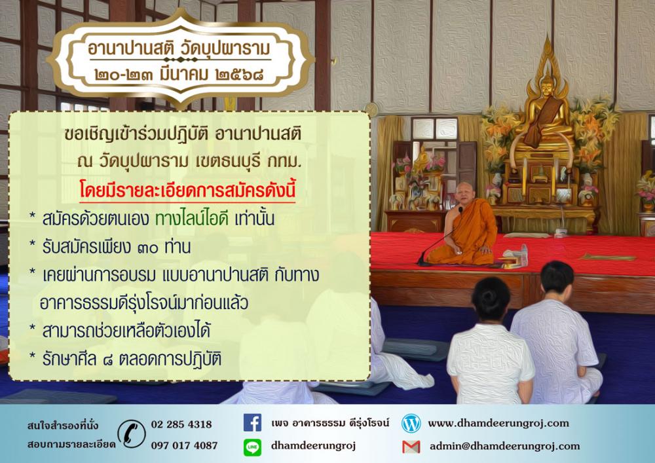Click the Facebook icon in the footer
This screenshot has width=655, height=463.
click(x=252, y=422)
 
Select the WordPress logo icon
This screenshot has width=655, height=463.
click(x=411, y=423)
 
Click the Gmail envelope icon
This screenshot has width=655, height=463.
click(x=411, y=447)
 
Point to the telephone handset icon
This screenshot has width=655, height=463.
click(x=132, y=434)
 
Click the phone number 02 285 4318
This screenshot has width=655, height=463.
click(x=181, y=424)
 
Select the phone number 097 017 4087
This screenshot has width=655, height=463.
click(x=184, y=445)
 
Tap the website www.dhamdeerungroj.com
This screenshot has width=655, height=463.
click(x=498, y=423)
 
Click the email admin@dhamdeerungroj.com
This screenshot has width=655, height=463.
click(x=504, y=446)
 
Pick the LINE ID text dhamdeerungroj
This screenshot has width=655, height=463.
click(x=313, y=446)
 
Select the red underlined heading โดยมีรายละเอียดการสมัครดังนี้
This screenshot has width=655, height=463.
click(x=187, y=190)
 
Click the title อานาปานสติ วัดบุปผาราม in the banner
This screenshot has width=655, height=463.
click(x=179, y=49)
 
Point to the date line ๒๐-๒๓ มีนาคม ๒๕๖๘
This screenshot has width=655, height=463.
click(x=179, y=75)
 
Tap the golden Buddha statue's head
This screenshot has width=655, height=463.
click(x=547, y=86)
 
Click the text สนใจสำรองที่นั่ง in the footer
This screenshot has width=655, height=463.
click(x=63, y=426)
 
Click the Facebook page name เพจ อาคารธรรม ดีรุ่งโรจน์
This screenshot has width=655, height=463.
click(x=330, y=422)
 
